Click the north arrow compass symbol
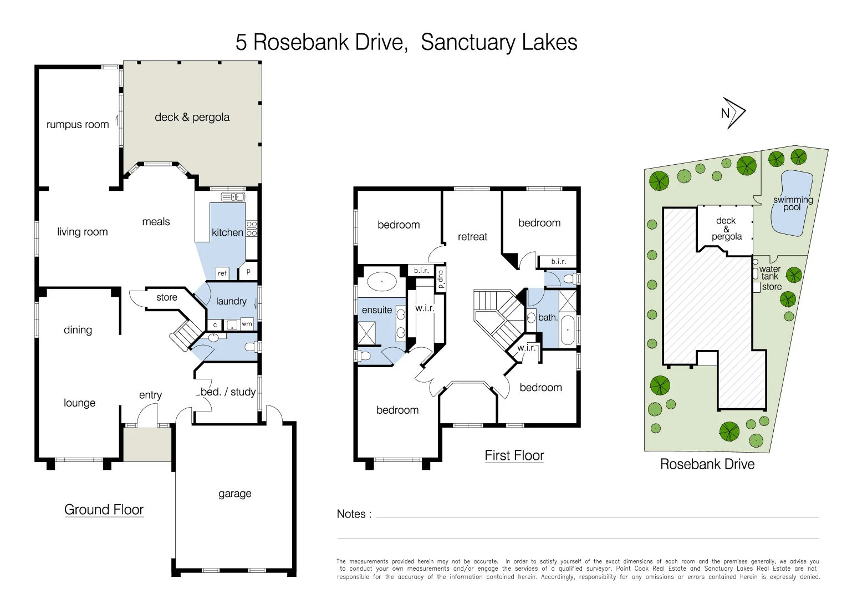(x=733, y=113)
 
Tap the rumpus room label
(x=78, y=125)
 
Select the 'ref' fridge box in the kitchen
(x=222, y=273)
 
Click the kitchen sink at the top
(x=233, y=197)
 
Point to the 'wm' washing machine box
(x=247, y=324)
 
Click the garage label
(x=234, y=494)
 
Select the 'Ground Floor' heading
(x=104, y=510)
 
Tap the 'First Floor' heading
(x=514, y=455)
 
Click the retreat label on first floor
(x=472, y=237)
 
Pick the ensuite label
(x=377, y=310)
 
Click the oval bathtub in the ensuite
(x=382, y=282)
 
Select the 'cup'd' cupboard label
(x=441, y=280)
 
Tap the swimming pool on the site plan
(x=791, y=203)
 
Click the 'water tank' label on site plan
(x=769, y=272)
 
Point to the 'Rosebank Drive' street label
(x=707, y=464)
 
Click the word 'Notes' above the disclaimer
(x=351, y=514)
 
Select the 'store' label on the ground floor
(x=166, y=297)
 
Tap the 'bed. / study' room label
(x=228, y=392)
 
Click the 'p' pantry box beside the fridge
(x=248, y=271)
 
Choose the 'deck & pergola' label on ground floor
(x=192, y=117)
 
